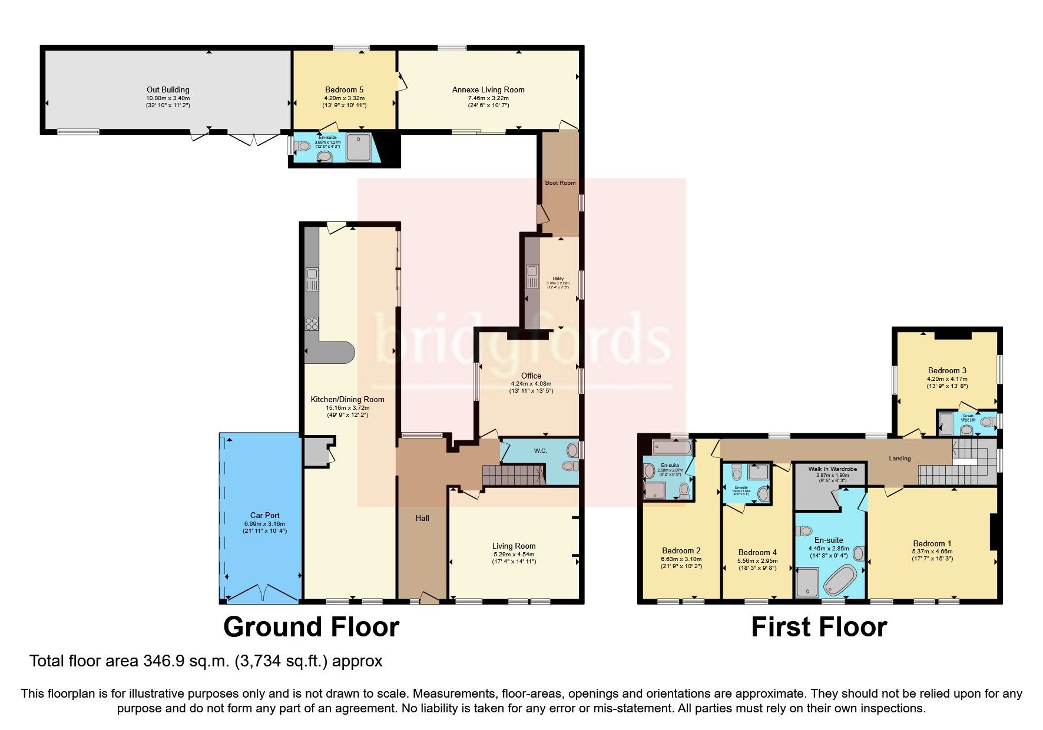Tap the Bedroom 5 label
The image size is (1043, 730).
tap(344, 90)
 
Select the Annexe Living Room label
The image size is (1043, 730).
tap(488, 90)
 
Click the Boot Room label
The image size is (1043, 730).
tap(560, 183)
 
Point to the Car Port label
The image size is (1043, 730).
tap(264, 515)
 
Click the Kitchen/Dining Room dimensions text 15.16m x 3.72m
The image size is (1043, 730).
tap(347, 407)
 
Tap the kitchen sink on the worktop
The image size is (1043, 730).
tap(312, 279)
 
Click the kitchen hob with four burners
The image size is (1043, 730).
tap(312, 323)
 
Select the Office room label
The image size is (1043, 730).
tap(531, 376)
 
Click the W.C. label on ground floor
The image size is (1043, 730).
tap(540, 451)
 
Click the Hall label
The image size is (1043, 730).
tap(422, 519)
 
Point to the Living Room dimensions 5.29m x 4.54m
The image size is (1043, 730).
tap(514, 554)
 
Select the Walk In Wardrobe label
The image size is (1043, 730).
tap(832, 469)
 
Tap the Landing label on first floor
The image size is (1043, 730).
tap(899, 459)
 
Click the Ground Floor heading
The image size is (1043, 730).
tap(311, 627)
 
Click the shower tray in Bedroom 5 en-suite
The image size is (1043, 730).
tap(359, 147)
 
